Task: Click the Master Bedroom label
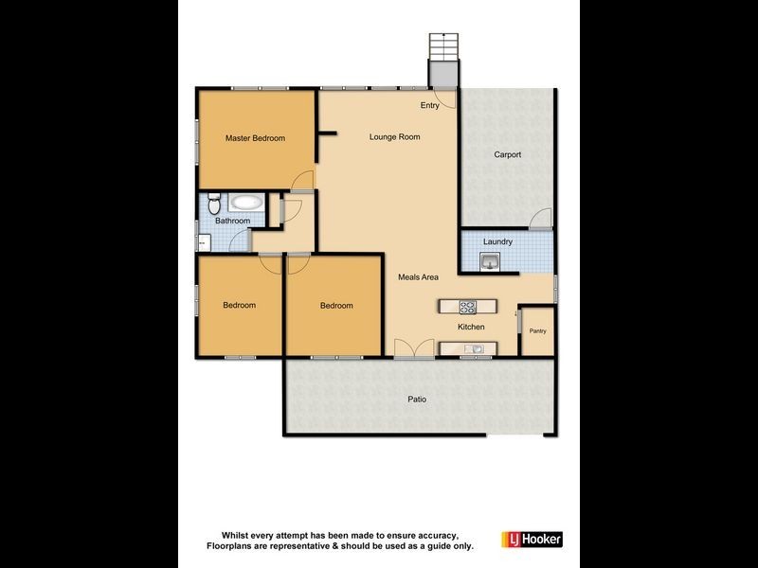click(x=255, y=138)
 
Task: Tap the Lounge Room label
click(x=394, y=137)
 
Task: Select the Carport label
click(x=508, y=154)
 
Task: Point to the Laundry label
click(x=497, y=241)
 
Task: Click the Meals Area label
click(x=418, y=277)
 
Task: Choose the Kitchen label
click(x=471, y=327)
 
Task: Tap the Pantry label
click(x=538, y=331)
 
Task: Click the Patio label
click(x=417, y=399)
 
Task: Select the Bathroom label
click(x=232, y=222)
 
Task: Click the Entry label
click(x=429, y=105)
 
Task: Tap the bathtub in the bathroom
click(x=247, y=202)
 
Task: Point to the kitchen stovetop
click(x=467, y=306)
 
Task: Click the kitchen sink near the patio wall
click(x=475, y=349)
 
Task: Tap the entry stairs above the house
click(x=442, y=45)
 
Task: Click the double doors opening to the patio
click(x=414, y=348)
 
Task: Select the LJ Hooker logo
click(x=536, y=539)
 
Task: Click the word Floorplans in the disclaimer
click(x=231, y=545)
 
